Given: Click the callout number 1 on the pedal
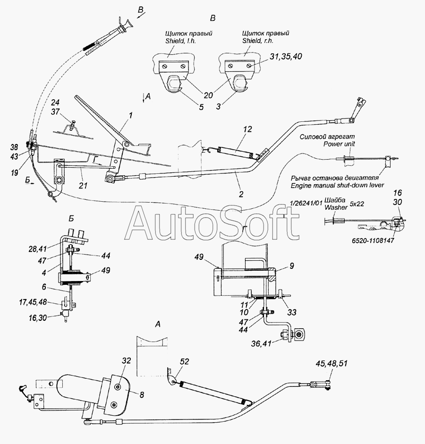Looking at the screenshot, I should tap(130, 115).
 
